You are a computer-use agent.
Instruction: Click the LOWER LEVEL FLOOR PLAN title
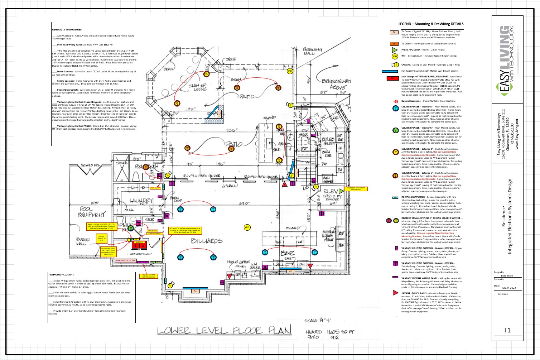click(x=224, y=330)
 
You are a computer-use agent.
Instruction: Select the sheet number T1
click(x=507, y=330)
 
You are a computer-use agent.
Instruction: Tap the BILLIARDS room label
click(x=207, y=241)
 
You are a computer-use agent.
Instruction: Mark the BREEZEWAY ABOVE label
click(x=336, y=84)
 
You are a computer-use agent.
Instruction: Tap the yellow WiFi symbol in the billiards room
click(x=247, y=227)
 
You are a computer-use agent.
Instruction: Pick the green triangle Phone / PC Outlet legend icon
click(x=395, y=50)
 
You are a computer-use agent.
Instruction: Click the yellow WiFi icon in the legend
click(x=395, y=56)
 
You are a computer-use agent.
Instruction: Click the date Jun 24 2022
click(x=508, y=288)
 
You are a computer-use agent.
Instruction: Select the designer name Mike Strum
click(x=507, y=275)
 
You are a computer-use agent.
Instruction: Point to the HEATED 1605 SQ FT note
click(x=329, y=332)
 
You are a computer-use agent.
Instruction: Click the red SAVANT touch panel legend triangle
click(x=395, y=293)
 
